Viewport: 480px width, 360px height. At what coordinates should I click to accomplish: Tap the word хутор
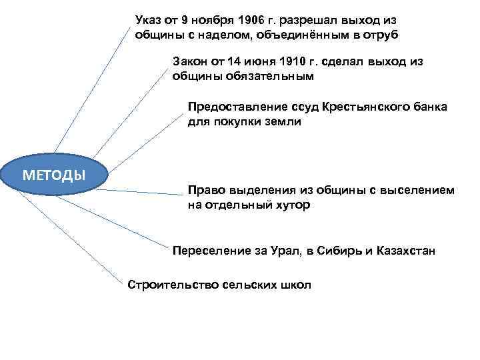290,205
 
